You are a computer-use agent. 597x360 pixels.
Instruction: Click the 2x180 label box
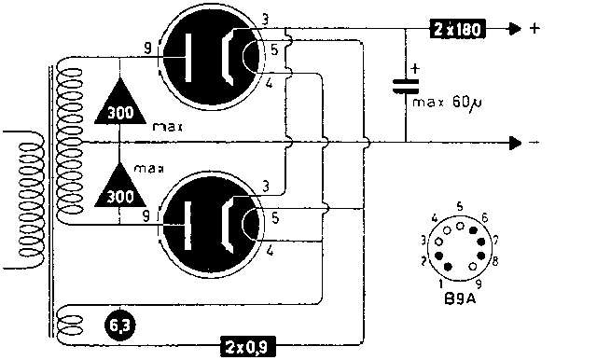(x=458, y=29)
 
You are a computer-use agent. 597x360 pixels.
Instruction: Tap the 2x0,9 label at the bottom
(x=248, y=346)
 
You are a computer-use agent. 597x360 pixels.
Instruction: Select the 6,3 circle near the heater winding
(x=120, y=325)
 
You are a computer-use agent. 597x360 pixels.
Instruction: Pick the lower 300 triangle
(x=120, y=187)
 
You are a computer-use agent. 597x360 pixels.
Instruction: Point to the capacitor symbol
(x=406, y=87)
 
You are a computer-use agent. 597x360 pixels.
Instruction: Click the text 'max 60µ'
(x=447, y=103)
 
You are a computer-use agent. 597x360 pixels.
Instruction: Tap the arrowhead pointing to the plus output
(x=516, y=29)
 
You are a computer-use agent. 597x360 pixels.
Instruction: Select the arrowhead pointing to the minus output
(x=516, y=143)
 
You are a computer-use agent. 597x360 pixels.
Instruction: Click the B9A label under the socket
(x=460, y=298)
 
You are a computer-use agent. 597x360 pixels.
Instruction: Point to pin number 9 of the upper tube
(x=147, y=48)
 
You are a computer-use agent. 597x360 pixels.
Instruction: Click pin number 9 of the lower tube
(x=146, y=216)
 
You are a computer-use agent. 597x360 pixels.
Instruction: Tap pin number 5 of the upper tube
(x=274, y=49)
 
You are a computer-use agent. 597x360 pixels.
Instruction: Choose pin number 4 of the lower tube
(x=270, y=251)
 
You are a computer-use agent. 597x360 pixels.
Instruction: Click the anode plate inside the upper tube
(x=188, y=58)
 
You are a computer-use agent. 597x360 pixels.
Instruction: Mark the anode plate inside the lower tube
(x=188, y=226)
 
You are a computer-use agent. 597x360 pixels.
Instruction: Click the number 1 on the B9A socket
(x=441, y=284)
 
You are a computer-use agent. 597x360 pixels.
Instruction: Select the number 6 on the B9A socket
(x=485, y=218)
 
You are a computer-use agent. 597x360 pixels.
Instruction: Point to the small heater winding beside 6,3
(x=71, y=326)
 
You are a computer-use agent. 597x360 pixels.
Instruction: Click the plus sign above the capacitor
(x=415, y=68)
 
